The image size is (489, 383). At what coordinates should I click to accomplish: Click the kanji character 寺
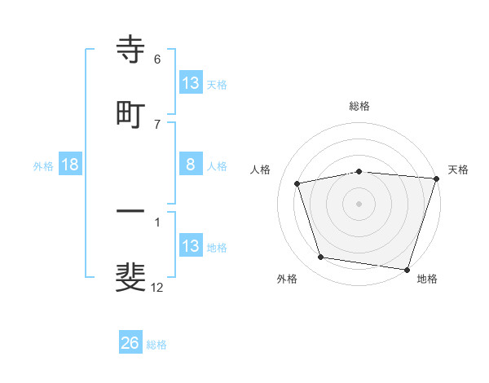coord(131,50)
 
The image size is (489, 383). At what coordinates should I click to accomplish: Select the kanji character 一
coord(131,212)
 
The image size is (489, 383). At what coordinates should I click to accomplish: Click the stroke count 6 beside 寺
coord(157,59)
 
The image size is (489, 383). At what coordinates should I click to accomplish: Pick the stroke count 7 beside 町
coord(157,124)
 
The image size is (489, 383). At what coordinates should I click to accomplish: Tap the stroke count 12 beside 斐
coord(157,287)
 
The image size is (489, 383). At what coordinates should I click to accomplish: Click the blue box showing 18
coord(70,165)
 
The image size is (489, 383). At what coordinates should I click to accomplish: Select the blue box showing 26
coord(130,344)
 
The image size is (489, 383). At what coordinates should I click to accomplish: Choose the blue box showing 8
coord(191,165)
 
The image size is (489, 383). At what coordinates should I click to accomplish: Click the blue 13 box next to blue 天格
coord(191,83)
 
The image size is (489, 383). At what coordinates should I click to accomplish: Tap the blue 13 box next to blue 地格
coord(191,246)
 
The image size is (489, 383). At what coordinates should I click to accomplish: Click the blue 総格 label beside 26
coord(156,345)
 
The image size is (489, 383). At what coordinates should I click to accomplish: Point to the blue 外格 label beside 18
coord(43,166)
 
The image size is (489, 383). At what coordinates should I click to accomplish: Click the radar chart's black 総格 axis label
coord(359,106)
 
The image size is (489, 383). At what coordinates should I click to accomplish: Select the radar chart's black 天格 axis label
coord(459,169)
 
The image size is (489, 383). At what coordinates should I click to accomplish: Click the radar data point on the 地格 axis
coord(407,269)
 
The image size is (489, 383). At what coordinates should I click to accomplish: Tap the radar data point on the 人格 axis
coord(297,183)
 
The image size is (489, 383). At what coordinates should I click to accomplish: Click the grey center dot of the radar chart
coord(359,203)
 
